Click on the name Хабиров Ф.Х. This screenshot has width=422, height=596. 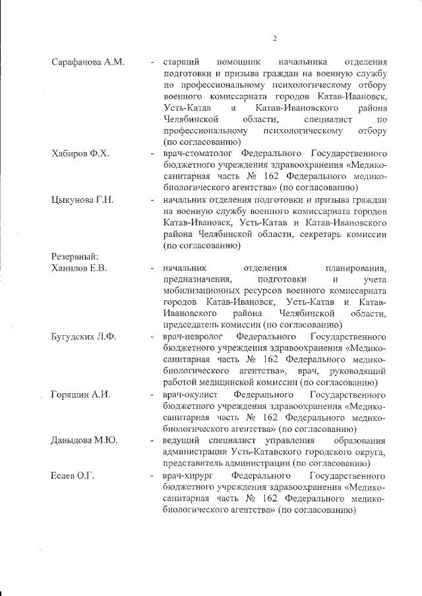(x=80, y=153)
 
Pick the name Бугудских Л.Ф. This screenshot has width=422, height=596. (x=84, y=337)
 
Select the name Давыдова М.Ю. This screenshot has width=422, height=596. (x=84, y=440)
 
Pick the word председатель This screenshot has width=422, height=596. (x=191, y=325)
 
